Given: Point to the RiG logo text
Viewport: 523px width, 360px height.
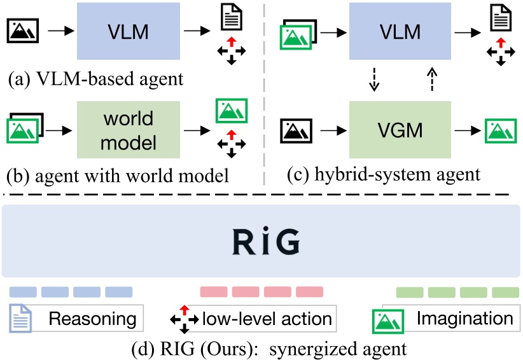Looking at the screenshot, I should [x=261, y=241].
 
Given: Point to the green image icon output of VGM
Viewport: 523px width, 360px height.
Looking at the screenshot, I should [x=501, y=132].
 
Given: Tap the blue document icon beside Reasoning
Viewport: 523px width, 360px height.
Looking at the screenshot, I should [x=21, y=318].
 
